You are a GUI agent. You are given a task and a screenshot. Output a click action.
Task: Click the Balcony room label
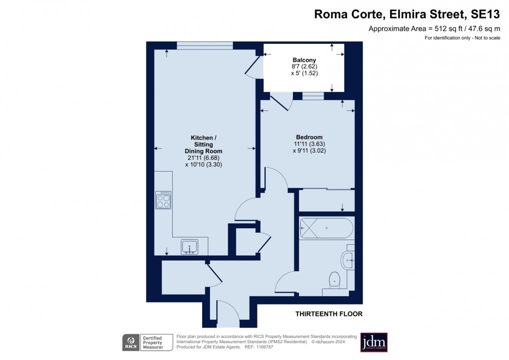click(304, 60)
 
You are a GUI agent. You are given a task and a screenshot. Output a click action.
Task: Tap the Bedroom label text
click(309, 137)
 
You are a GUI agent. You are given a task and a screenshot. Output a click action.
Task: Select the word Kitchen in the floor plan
click(203, 138)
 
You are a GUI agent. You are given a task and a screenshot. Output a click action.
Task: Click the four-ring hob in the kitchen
click(163, 200)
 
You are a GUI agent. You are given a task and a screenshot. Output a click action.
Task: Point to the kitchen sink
click(190, 246)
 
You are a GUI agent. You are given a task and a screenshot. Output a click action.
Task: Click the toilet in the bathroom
click(334, 280)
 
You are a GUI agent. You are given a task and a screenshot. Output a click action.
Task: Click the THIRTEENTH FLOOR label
click(329, 314)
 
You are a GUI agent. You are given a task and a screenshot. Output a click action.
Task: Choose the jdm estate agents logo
click(374, 342)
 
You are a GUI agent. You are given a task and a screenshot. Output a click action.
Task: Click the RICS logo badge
click(131, 343)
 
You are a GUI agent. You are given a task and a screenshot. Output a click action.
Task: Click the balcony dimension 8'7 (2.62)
click(304, 66)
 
